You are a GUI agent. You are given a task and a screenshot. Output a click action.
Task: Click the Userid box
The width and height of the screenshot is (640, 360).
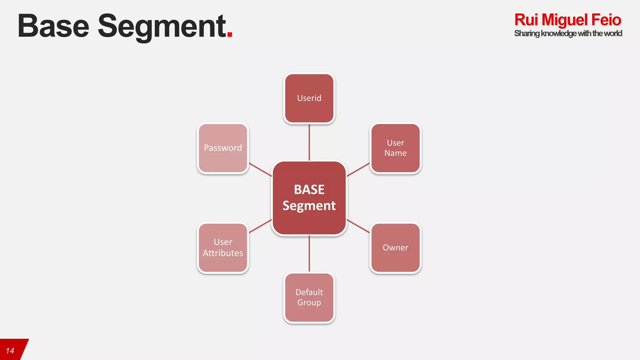309,98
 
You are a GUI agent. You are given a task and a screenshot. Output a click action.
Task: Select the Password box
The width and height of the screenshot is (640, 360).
223,148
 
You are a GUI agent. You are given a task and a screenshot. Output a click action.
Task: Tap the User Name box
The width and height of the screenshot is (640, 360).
395,148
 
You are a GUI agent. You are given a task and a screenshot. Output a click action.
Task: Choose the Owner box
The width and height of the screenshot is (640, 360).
395,247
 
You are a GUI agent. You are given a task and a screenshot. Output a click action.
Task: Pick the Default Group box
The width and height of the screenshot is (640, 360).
309,297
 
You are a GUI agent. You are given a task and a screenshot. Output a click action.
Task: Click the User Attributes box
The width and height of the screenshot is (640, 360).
223,247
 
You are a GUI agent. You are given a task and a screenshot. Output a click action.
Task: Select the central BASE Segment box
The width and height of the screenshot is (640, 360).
309,197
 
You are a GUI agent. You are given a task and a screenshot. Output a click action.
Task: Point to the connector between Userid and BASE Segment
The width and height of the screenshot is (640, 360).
309,142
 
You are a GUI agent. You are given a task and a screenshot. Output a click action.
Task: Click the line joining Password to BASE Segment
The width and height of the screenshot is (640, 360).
260,169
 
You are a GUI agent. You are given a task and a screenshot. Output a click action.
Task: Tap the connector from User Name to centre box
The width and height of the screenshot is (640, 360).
358,169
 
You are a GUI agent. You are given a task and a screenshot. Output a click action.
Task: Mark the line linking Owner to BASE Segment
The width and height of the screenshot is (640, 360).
358,226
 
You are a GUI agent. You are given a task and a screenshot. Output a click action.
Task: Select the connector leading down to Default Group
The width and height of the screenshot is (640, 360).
309,253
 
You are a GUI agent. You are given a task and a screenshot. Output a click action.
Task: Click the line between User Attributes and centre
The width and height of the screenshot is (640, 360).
260,226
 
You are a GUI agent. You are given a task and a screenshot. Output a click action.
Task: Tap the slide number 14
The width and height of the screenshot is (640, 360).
10,351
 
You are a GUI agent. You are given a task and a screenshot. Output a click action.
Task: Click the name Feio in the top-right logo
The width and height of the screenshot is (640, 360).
606,20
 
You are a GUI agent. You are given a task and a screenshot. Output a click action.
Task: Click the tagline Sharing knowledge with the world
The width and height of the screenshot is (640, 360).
568,33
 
